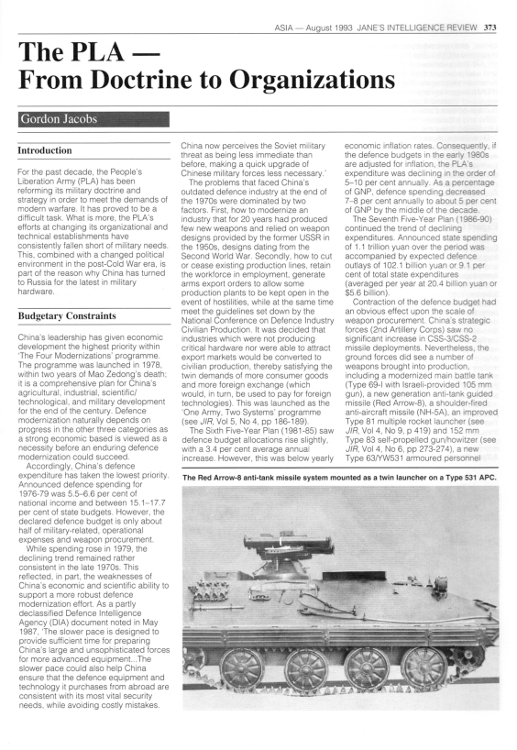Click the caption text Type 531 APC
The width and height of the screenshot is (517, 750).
click(435, 476)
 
